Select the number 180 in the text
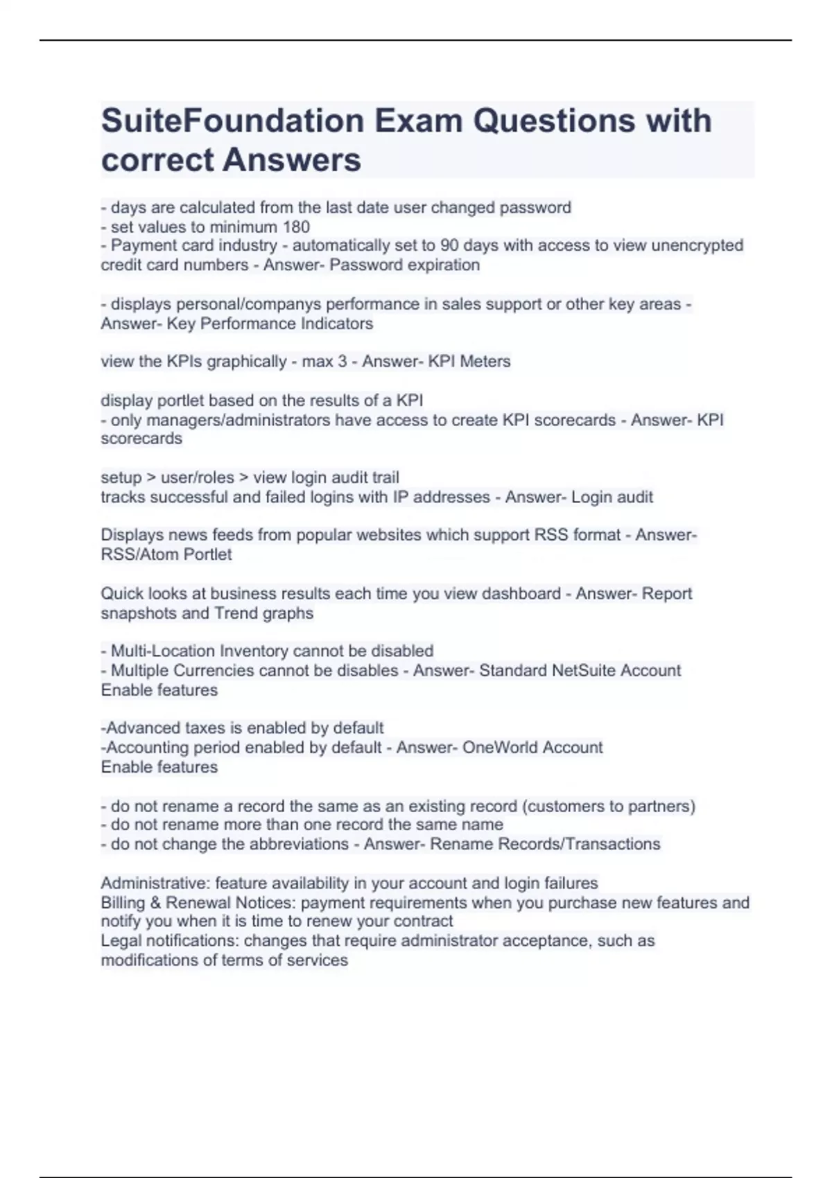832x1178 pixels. tap(296, 227)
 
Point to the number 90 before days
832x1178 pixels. tap(449, 245)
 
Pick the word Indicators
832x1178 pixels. tap(336, 324)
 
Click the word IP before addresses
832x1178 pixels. tap(400, 497)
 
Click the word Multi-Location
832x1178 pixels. tap(162, 651)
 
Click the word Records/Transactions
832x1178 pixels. tap(545, 844)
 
